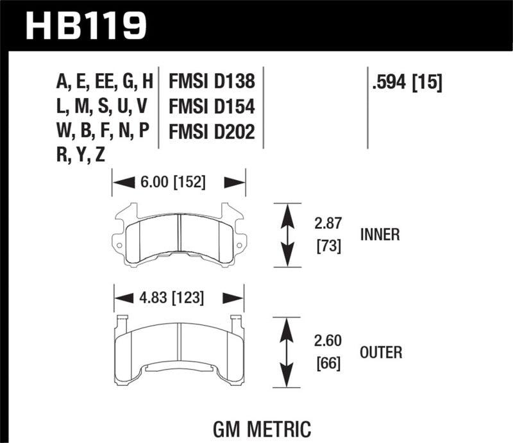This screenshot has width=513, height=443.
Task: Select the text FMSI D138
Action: pos(212,81)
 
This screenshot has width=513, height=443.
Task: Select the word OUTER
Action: pos(381,352)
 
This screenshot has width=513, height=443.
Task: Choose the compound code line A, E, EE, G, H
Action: pos(105,81)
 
